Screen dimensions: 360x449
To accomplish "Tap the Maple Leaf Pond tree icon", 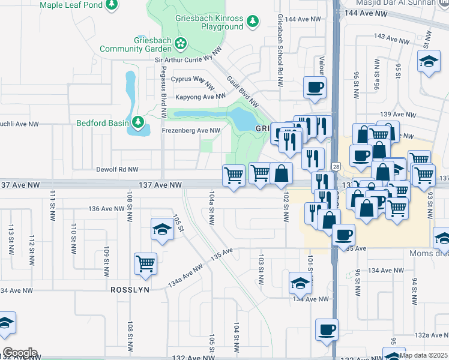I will (x=111, y=5).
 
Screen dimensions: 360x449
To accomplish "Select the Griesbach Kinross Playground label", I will (x=209, y=22).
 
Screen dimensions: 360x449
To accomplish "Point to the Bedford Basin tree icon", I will (x=139, y=123).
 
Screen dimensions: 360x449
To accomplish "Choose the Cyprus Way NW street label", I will (x=193, y=79).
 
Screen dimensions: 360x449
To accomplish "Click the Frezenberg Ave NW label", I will (x=191, y=130).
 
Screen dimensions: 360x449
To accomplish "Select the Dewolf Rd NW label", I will (x=117, y=170).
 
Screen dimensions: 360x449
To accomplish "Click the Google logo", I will (x=20, y=352).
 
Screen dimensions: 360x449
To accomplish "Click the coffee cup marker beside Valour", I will (x=315, y=88).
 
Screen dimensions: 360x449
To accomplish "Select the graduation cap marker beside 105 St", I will (x=162, y=230).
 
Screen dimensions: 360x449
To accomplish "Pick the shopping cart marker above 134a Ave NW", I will (x=146, y=263).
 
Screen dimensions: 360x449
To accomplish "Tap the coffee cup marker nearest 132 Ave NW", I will (x=327, y=329).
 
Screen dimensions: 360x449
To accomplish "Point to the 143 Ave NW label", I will (x=390, y=38).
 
